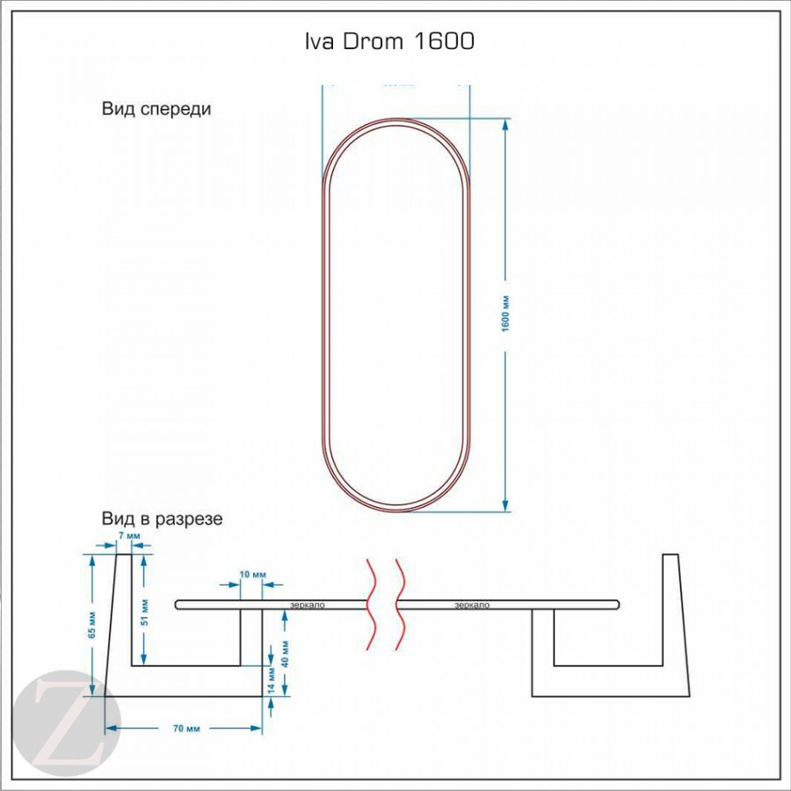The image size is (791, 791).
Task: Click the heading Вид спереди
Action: [x=156, y=110]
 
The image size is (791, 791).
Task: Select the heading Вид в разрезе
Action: [x=162, y=519]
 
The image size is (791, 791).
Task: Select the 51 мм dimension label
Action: [x=145, y=611]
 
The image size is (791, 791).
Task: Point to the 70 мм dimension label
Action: [x=182, y=729]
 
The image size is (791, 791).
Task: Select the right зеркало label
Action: [x=472, y=605]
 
